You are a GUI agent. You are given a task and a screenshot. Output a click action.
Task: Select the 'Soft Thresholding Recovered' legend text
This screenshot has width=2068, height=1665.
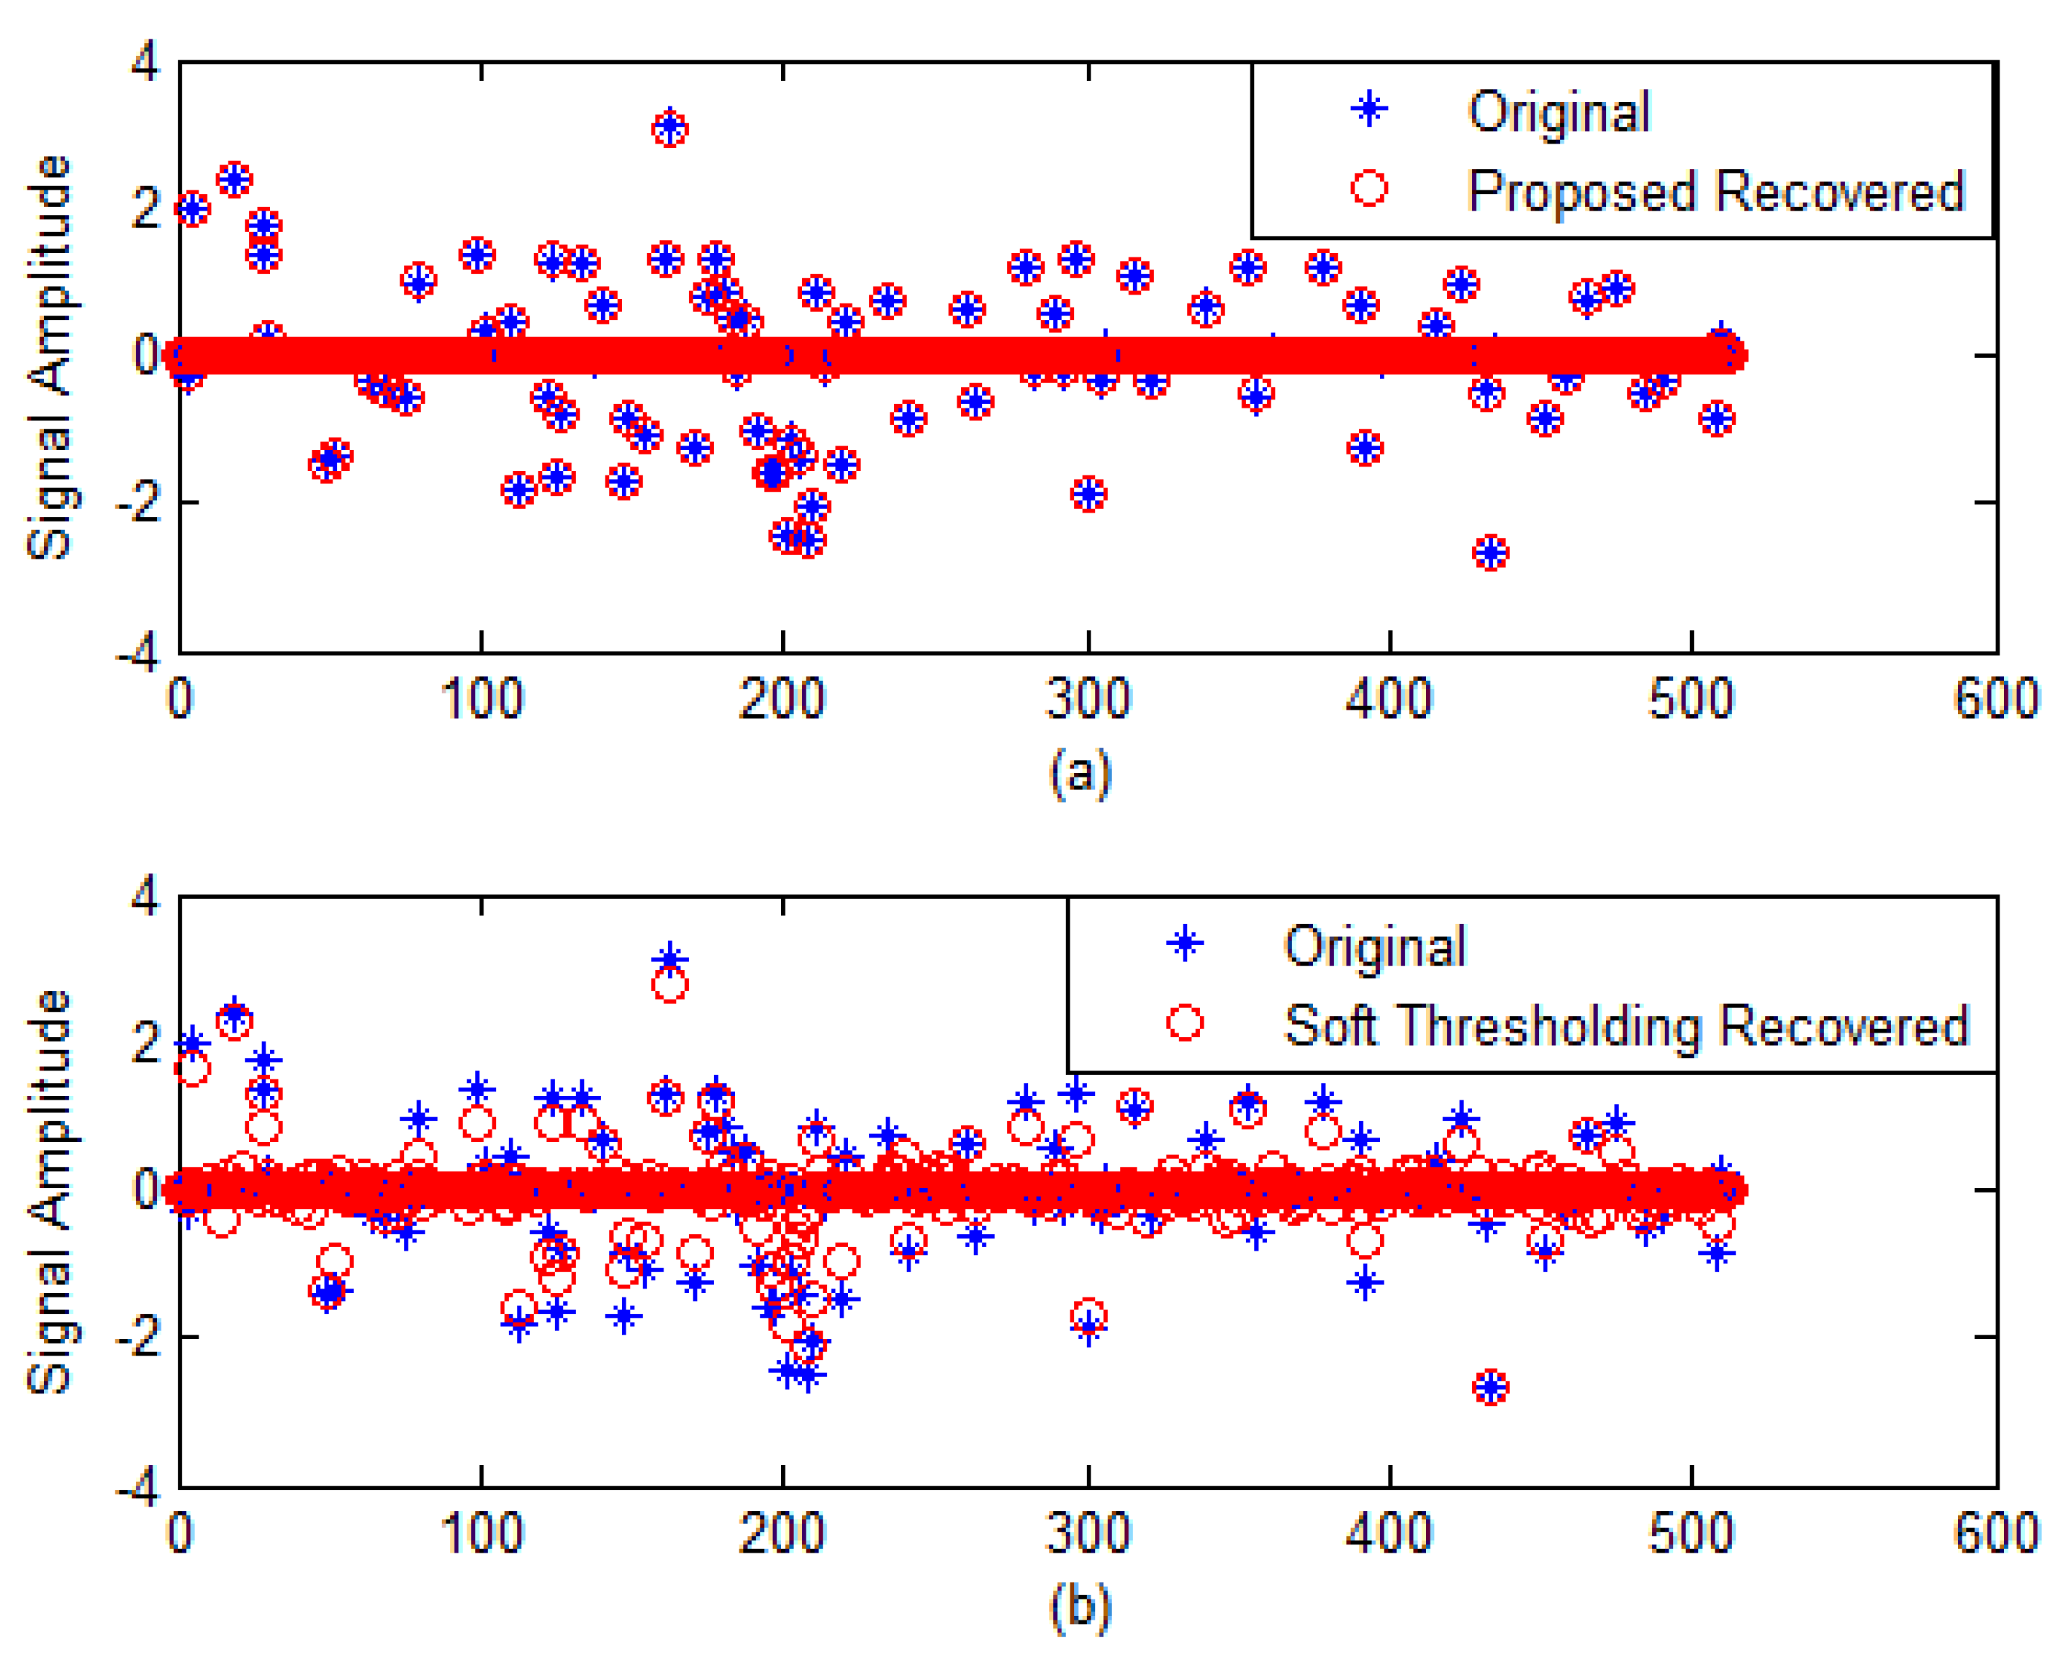(x=1626, y=1025)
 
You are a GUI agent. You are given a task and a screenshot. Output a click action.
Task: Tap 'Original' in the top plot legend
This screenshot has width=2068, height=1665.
(x=1558, y=112)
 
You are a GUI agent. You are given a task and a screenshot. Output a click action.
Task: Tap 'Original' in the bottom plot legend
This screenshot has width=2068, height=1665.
(x=1375, y=946)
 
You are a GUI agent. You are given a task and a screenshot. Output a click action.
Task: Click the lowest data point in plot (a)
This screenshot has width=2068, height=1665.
(x=1489, y=553)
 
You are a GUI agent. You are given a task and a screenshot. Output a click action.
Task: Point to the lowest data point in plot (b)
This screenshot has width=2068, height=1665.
(x=1489, y=1387)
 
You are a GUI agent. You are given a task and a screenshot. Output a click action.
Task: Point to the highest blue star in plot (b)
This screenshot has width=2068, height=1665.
(x=669, y=958)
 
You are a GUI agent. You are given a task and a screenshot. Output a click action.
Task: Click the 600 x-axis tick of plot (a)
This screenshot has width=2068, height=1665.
(x=1995, y=699)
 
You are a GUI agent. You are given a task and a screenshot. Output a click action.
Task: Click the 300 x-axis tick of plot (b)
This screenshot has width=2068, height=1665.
(x=1087, y=1533)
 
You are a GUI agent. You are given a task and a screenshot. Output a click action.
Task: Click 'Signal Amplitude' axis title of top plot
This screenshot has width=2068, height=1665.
(x=49, y=357)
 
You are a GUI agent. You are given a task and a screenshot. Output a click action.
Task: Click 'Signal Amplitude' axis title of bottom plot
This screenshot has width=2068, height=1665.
(x=49, y=1191)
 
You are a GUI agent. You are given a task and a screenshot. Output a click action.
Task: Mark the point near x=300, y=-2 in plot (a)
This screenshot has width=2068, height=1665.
(x=1088, y=495)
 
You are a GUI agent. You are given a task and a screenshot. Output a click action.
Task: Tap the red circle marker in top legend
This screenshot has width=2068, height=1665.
(x=1369, y=188)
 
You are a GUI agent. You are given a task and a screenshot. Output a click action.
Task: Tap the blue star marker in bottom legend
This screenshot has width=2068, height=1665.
(x=1184, y=945)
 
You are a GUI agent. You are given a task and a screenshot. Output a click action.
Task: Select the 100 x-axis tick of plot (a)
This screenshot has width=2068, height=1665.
(x=481, y=699)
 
